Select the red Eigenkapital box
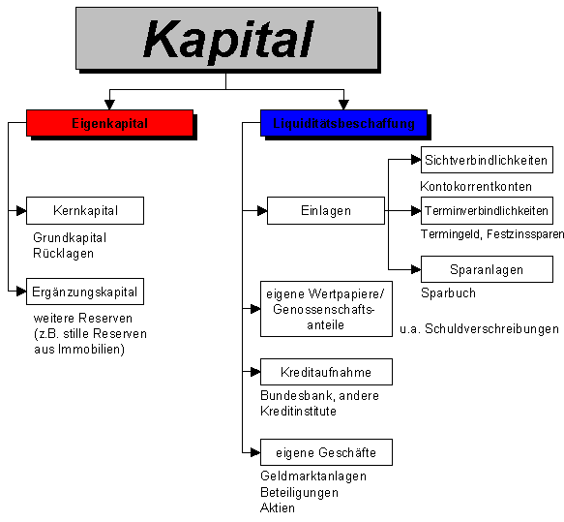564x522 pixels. click(x=108, y=123)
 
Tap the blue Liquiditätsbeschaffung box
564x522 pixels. click(x=343, y=123)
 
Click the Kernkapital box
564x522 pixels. click(x=85, y=210)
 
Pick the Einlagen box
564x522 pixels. click(x=324, y=210)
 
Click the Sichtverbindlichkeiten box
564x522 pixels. click(x=487, y=161)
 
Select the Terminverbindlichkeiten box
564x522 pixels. click(x=487, y=210)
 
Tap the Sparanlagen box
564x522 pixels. click(x=487, y=268)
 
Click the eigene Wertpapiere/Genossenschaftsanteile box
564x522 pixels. click(x=324, y=308)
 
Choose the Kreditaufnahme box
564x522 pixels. click(x=327, y=372)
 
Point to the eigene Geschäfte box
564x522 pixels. click(x=327, y=451)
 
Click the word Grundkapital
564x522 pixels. click(x=70, y=237)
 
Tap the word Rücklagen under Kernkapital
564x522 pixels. click(x=63, y=253)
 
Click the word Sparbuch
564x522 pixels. click(x=448, y=292)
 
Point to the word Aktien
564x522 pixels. click(x=278, y=507)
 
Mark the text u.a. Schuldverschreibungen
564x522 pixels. click(x=479, y=329)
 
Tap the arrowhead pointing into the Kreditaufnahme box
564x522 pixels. click(x=254, y=372)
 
